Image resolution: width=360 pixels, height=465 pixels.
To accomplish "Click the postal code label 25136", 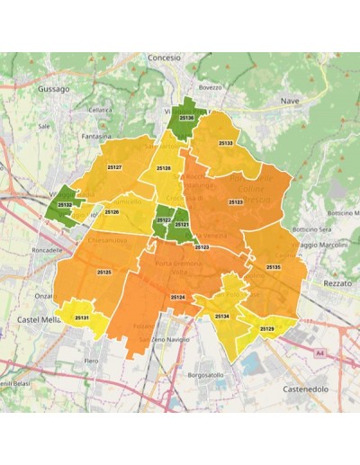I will [187, 118].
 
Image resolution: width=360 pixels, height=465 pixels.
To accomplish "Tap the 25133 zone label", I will [227, 143].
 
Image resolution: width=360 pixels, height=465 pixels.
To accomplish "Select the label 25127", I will [115, 167].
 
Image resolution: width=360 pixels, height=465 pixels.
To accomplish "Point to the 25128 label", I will [164, 168].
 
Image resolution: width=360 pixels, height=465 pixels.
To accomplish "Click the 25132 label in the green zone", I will [64, 205].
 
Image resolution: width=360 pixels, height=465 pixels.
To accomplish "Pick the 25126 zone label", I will [112, 211].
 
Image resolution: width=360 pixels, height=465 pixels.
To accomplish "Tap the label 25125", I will [103, 272].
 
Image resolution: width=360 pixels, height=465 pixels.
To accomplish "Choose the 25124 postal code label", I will [177, 297].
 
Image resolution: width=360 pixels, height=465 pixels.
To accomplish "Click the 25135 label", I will [274, 268].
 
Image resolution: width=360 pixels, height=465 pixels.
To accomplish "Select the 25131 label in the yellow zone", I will [82, 318].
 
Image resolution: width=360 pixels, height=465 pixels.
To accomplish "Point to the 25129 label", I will [266, 329].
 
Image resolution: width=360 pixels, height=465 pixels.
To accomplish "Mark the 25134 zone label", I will [221, 317].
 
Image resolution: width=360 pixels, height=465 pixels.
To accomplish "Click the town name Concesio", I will [165, 57].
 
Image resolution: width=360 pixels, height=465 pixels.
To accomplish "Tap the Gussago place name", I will [54, 90].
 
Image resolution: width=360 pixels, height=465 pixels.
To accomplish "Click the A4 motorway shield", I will [319, 353].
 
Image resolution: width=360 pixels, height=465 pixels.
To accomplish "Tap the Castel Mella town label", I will [38, 319].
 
